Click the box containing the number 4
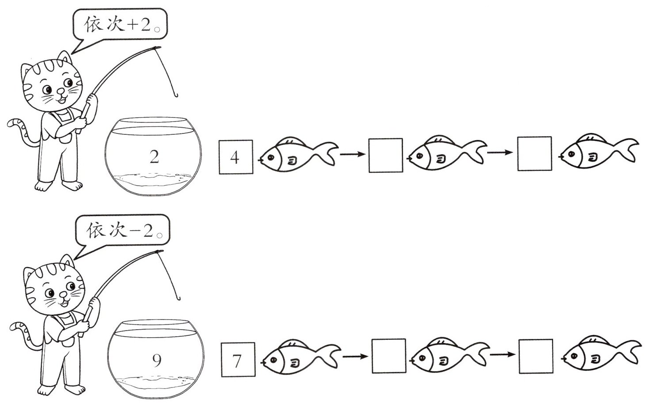pyautogui.click(x=236, y=157)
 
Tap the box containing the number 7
pyautogui.click(x=238, y=360)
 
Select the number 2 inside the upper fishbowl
pyautogui.click(x=154, y=156)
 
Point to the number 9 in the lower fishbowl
pyautogui.click(x=157, y=361)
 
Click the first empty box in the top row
pyautogui.click(x=385, y=155)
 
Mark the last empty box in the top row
pyautogui.click(x=534, y=153)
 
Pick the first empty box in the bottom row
pyautogui.click(x=388, y=356)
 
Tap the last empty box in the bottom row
pyautogui.click(x=536, y=356)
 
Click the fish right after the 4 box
pyautogui.click(x=298, y=153)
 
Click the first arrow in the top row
pyautogui.click(x=352, y=154)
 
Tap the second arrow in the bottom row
pyautogui.click(x=503, y=354)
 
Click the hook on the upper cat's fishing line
pyautogui.click(x=175, y=94)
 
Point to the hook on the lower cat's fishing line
pyautogui.click(x=178, y=297)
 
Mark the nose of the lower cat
pyautogui.click(x=63, y=295)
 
